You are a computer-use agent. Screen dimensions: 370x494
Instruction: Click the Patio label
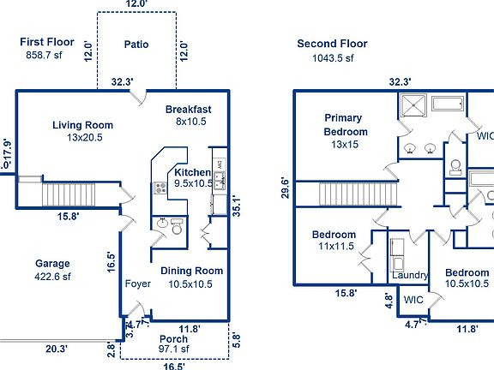click(136, 45)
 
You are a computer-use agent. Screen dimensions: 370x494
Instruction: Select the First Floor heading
click(46, 42)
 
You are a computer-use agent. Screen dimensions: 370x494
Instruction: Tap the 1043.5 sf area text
click(332, 58)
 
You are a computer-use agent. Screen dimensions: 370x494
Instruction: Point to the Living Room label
click(82, 125)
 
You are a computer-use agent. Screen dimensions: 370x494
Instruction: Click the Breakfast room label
click(188, 110)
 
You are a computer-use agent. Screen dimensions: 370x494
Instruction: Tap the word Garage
click(52, 264)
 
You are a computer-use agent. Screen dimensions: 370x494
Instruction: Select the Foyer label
click(138, 283)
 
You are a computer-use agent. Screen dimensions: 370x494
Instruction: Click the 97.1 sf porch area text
click(174, 349)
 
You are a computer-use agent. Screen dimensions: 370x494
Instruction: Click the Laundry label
click(409, 276)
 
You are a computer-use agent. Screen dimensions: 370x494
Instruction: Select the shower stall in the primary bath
click(413, 108)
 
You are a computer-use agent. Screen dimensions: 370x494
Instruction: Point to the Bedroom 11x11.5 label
click(333, 240)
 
